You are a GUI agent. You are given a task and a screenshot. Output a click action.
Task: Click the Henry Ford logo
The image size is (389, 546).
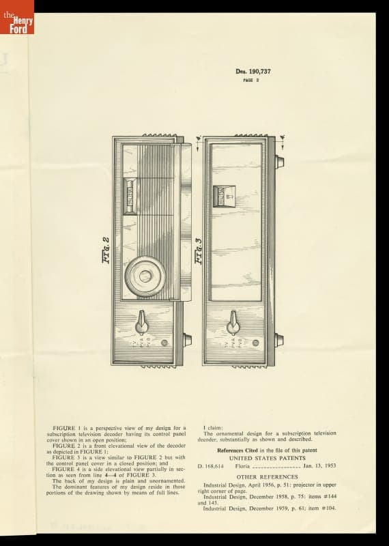(x=16, y=18)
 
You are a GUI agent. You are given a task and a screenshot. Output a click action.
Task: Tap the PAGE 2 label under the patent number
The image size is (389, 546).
(x=249, y=80)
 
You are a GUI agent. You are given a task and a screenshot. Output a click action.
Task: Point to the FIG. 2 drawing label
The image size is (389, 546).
(x=106, y=248)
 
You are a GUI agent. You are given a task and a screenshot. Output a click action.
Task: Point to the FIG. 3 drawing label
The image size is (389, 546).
(x=198, y=249)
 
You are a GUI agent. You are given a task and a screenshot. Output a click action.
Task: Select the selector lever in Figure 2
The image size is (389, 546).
(x=142, y=319)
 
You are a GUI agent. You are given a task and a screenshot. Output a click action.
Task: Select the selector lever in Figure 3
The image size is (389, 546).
(x=233, y=320)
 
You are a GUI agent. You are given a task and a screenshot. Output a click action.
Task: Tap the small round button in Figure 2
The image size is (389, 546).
(x=164, y=343)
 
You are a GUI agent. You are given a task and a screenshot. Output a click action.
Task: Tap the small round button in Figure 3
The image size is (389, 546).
(x=255, y=343)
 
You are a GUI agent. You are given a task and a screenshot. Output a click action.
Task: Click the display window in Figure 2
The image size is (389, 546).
(x=130, y=195)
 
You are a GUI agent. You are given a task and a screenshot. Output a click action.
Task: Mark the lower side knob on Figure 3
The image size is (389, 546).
(x=278, y=339)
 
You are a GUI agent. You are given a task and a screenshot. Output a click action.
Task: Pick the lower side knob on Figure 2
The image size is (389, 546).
(x=187, y=339)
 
